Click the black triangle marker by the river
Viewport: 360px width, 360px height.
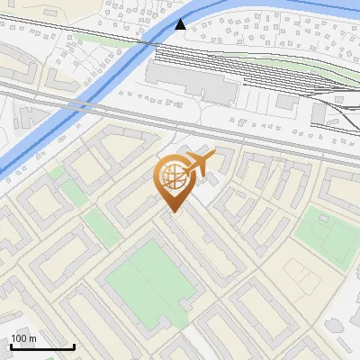pos(181,23)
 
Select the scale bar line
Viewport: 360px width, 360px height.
pos(42,346)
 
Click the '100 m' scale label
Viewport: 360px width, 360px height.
pos(23,338)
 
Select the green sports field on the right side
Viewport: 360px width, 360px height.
pos(327,236)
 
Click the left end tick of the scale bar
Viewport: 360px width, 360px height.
pos(11,346)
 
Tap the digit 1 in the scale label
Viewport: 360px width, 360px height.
pos(13,338)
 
